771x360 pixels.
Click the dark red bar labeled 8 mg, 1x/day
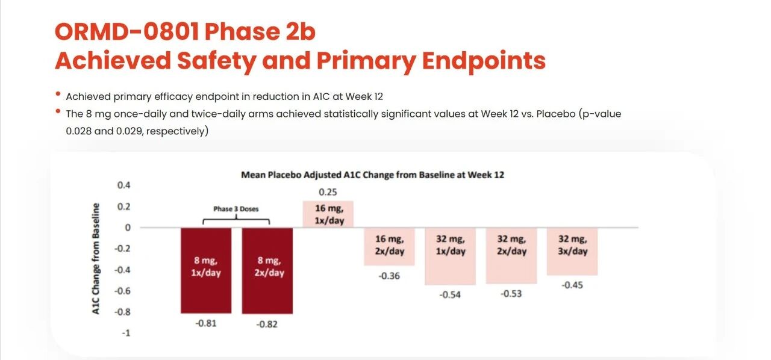pyautogui.click(x=206, y=270)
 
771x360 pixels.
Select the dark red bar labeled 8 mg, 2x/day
pyautogui.click(x=267, y=270)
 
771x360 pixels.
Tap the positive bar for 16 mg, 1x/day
pyautogui.click(x=328, y=214)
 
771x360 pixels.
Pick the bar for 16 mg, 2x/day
pyautogui.click(x=389, y=247)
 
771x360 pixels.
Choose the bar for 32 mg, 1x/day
pyautogui.click(x=451, y=256)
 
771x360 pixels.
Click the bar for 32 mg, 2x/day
pyautogui.click(x=511, y=256)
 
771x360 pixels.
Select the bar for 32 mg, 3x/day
pyautogui.click(x=572, y=252)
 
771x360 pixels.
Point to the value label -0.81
pyautogui.click(x=206, y=323)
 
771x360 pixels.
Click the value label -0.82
pyautogui.click(x=267, y=324)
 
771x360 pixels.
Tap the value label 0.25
pyautogui.click(x=328, y=193)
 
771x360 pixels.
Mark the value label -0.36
pyautogui.click(x=389, y=276)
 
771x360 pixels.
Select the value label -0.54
pyautogui.click(x=451, y=295)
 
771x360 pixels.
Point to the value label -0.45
pyautogui.click(x=572, y=285)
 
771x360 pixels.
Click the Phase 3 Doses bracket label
pyautogui.click(x=236, y=209)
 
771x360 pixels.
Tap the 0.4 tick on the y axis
pyautogui.click(x=123, y=185)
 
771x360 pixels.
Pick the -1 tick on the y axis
pyautogui.click(x=125, y=333)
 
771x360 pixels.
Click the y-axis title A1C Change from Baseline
pyautogui.click(x=96, y=259)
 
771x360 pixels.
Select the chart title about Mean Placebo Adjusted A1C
pyautogui.click(x=372, y=175)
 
